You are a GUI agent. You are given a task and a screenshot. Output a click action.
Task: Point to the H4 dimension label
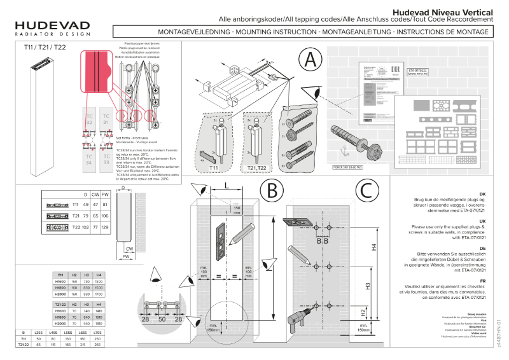click(x=374, y=247)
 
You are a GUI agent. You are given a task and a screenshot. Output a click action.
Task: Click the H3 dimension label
click(x=368, y=286)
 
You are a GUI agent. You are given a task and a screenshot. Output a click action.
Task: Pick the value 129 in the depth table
click(x=106, y=227)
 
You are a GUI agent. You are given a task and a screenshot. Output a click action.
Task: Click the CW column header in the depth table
click(x=95, y=194)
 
